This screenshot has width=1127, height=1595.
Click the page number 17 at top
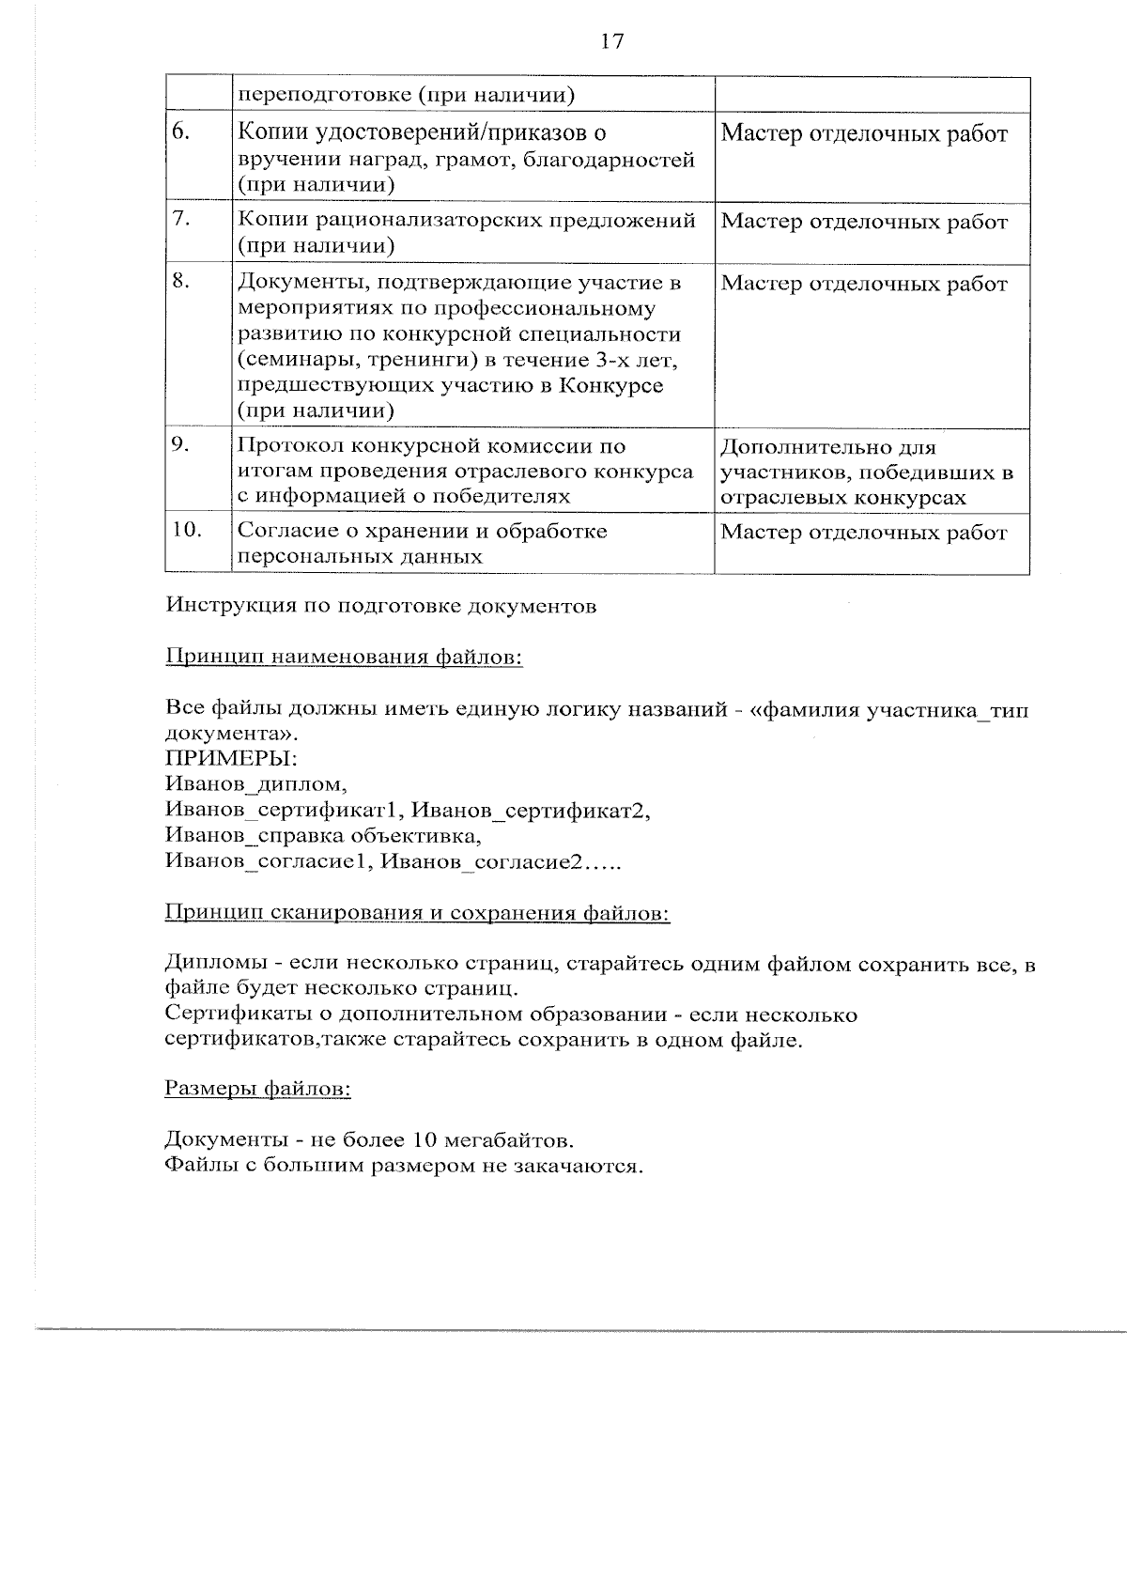[611, 42]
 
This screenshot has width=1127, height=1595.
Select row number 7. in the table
[181, 219]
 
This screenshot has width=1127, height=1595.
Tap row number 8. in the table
[181, 281]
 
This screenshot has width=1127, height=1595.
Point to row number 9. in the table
[181, 444]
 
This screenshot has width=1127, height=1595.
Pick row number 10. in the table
[187, 530]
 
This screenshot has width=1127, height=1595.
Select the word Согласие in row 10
[285, 532]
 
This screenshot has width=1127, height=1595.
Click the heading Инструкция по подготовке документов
[380, 606]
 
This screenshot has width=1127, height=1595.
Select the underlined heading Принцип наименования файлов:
[344, 657]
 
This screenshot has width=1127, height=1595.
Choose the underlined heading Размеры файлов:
[258, 1089]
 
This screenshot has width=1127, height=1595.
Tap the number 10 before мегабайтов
[424, 1140]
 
